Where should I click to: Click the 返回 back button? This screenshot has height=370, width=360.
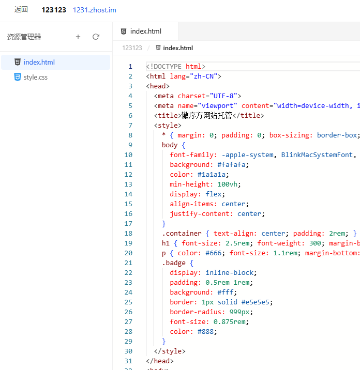click(21, 9)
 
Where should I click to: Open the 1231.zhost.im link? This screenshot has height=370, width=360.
click(95, 10)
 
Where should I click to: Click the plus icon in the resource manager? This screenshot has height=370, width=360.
click(78, 37)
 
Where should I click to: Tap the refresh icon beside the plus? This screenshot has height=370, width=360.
click(96, 37)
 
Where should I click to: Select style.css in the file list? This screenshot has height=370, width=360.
click(36, 77)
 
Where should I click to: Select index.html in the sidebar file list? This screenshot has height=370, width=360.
click(39, 62)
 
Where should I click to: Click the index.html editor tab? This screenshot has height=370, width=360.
click(145, 32)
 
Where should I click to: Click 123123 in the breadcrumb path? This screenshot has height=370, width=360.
click(132, 48)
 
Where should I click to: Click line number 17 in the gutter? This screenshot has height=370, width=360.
click(128, 223)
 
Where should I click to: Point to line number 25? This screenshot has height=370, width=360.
click(128, 302)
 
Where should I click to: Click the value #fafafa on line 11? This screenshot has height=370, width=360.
click(231, 164)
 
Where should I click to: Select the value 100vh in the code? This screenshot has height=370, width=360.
click(227, 184)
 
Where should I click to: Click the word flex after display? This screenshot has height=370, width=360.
click(213, 194)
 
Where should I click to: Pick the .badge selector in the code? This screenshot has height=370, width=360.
click(174, 263)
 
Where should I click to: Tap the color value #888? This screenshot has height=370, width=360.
click(205, 332)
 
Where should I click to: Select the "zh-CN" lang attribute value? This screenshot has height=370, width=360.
click(203, 76)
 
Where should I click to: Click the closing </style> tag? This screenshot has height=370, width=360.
click(170, 351)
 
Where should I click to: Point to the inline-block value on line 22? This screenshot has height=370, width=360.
click(229, 272)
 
